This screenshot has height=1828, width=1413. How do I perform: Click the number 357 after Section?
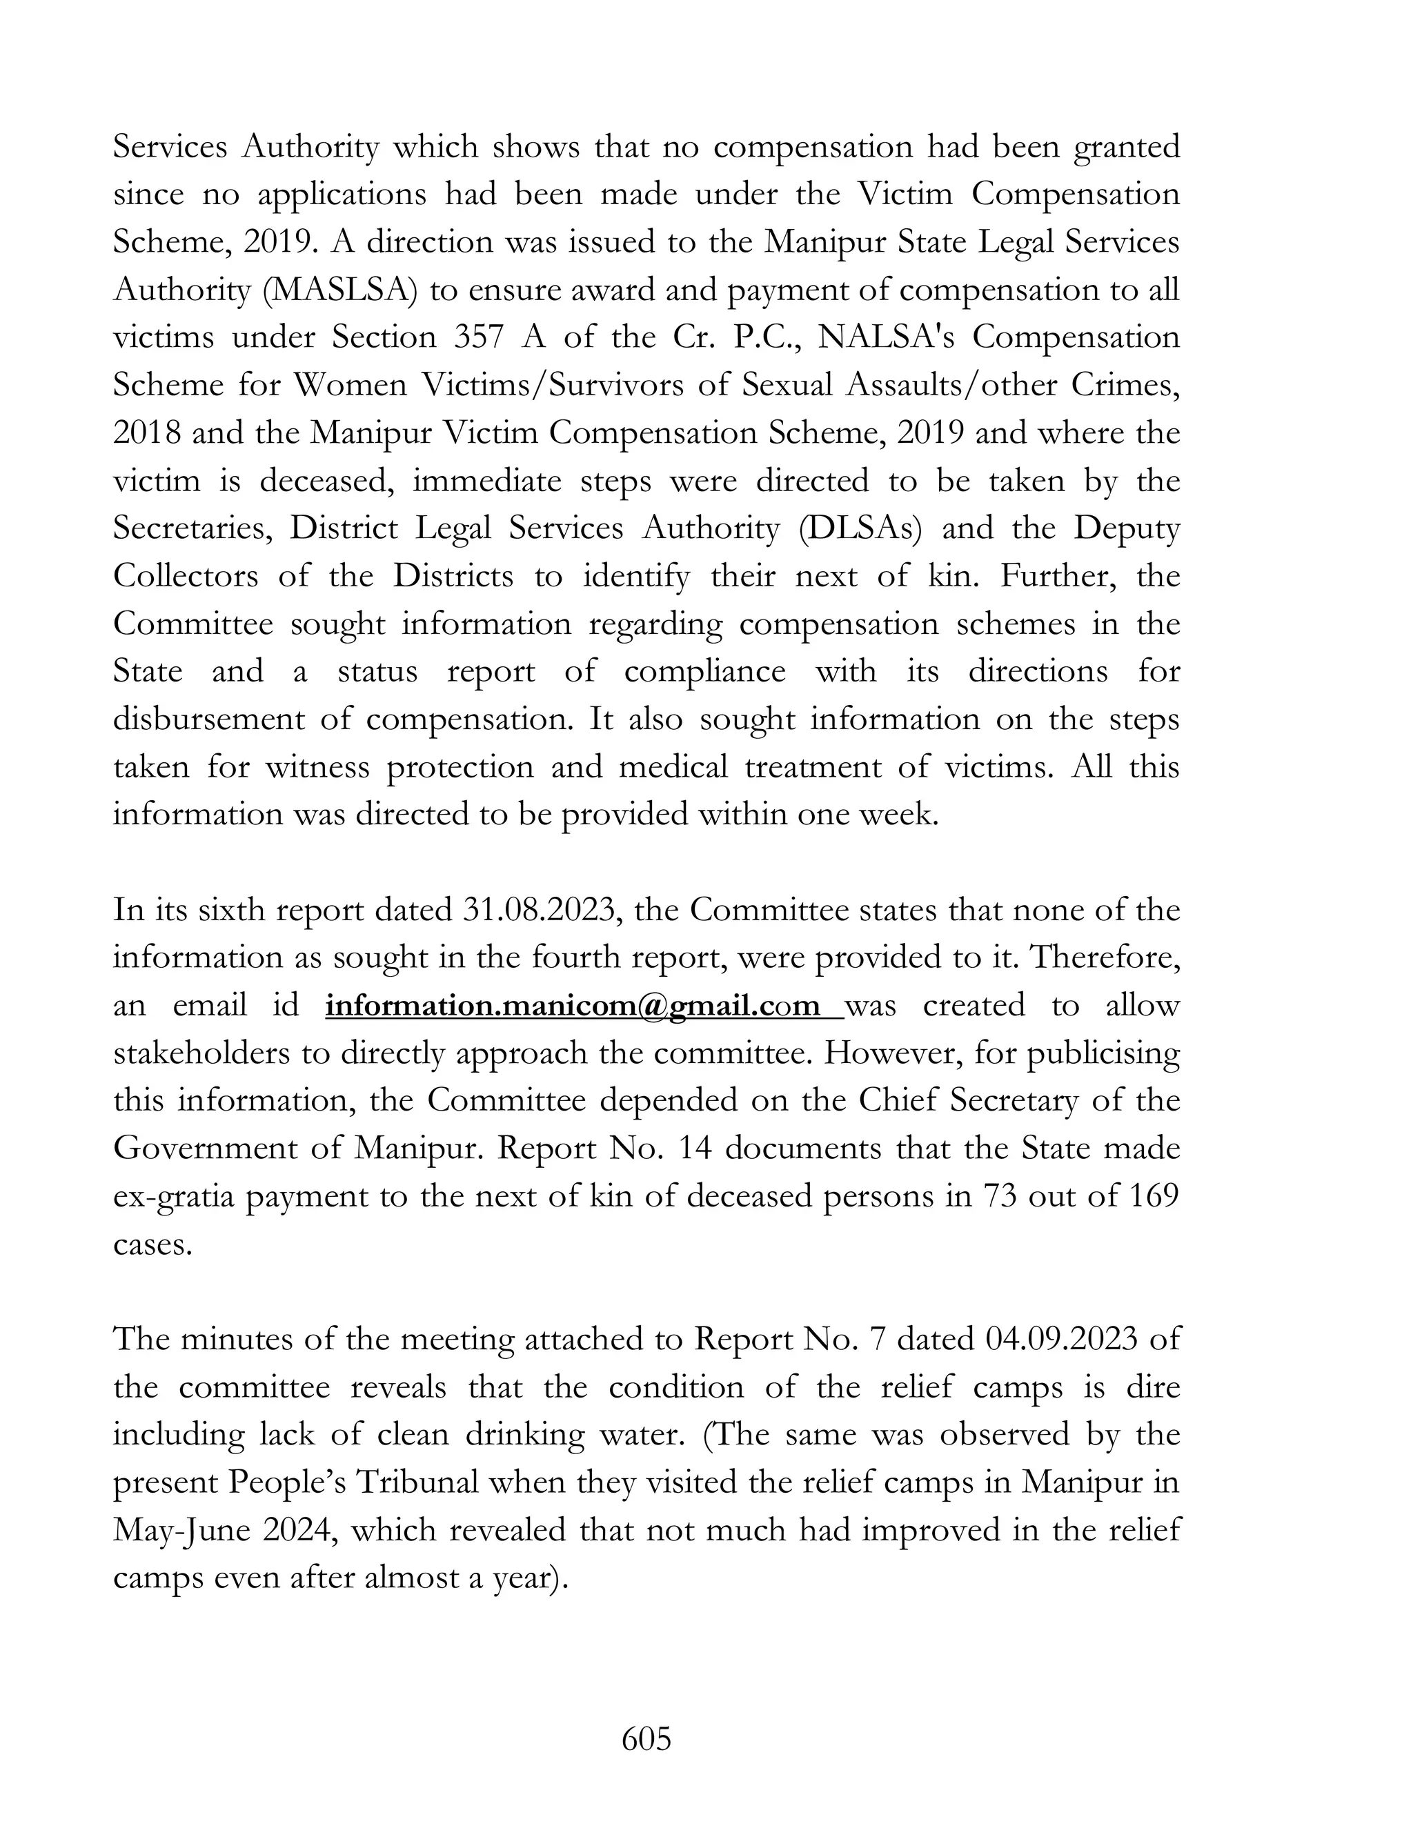pyautogui.click(x=479, y=337)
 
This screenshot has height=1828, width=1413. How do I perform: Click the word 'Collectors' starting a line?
pyautogui.click(x=186, y=576)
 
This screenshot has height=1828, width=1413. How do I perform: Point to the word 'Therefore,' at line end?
pyautogui.click(x=1104, y=957)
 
